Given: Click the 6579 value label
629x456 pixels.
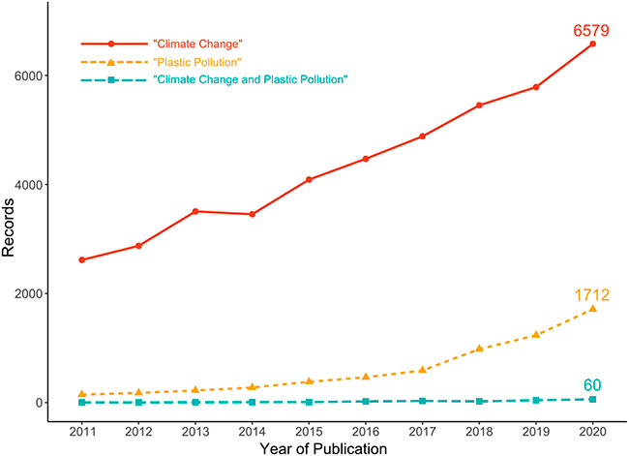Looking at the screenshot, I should coord(590,32).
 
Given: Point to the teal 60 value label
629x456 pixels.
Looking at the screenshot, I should coord(592,386).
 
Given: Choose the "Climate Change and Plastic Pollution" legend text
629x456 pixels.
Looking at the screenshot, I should coord(250,79).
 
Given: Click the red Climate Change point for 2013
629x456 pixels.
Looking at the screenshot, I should coord(195,211).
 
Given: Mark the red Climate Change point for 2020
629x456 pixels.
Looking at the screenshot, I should coord(593,44).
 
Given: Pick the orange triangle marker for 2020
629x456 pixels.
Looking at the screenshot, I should coord(593,309).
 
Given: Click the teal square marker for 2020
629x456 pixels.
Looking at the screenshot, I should coord(593,399).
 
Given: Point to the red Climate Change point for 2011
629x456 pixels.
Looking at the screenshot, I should coord(81,259).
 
